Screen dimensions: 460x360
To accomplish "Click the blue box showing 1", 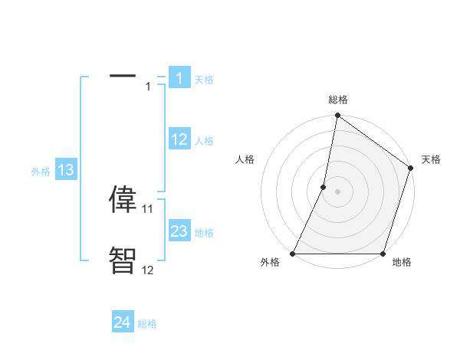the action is pos(179,78).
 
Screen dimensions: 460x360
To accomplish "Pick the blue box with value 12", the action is pos(179,139).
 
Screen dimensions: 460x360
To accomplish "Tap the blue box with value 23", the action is pos(179,231).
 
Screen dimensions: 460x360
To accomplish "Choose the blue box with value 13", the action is pos(65,170).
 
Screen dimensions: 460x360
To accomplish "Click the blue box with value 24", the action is pos(123,322).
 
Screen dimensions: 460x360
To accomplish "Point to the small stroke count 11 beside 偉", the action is pos(148,208).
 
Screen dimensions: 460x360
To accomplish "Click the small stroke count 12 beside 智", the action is pos(148,270).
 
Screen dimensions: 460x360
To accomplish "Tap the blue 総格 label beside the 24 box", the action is pos(147,324).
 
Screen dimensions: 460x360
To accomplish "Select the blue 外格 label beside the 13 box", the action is pos(41,172).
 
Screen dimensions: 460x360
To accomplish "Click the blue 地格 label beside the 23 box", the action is pos(204,233).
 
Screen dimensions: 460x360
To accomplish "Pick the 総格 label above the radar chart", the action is pos(338,100).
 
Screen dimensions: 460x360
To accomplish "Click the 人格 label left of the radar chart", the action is pos(245,159).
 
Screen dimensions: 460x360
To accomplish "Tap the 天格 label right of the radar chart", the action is pos(432,159).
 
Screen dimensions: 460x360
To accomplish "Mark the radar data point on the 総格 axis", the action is pos(337,116).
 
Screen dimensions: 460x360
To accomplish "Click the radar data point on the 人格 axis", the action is pos(324,187).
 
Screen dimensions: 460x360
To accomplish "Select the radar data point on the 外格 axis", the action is pos(293,254).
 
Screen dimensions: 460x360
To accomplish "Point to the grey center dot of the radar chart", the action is pos(337,191).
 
